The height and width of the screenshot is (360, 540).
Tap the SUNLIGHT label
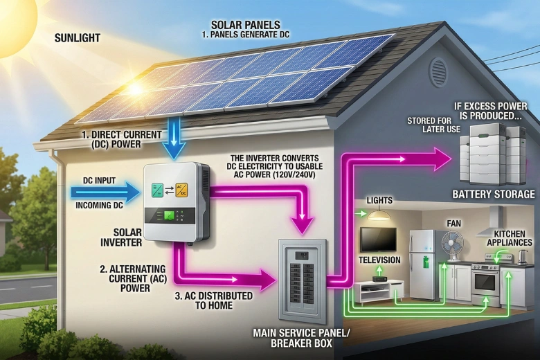click(x=77, y=38)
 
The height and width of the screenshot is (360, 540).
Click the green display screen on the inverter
click(x=168, y=215)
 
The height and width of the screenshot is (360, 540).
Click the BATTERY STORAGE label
click(x=493, y=195)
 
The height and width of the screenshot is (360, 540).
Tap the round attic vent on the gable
click(x=438, y=71)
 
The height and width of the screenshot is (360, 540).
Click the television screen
click(x=378, y=240)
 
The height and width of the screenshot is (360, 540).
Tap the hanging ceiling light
click(x=378, y=215)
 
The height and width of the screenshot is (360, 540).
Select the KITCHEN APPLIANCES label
click(x=509, y=237)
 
